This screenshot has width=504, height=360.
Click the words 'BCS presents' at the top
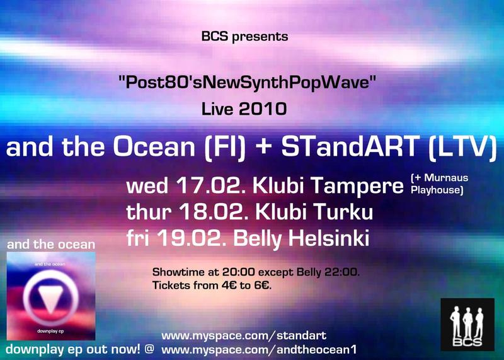click(x=244, y=37)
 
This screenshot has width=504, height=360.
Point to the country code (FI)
click(x=225, y=148)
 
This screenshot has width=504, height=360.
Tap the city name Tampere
click(x=357, y=187)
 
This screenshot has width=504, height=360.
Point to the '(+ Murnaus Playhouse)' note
click(x=439, y=184)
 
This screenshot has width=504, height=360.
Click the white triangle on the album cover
click(x=50, y=298)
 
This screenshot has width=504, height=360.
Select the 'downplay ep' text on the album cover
click(x=50, y=331)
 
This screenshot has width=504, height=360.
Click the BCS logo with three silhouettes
click(x=467, y=324)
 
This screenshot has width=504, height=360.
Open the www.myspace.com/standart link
click(x=244, y=336)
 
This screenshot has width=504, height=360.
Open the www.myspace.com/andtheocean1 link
click(x=259, y=350)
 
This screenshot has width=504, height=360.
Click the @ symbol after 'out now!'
click(x=149, y=349)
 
